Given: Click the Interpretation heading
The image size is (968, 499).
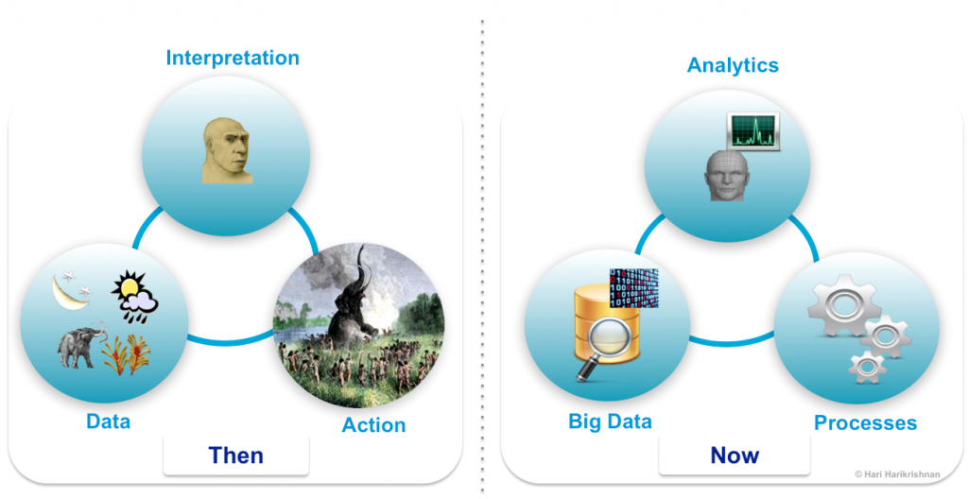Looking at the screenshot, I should click(233, 58).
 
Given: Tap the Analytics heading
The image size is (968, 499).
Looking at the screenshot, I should click(733, 64).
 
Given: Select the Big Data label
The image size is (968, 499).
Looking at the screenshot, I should click(610, 422).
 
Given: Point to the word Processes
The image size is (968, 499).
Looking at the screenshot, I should click(865, 422).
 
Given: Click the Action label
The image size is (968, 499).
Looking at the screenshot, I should click(373, 425).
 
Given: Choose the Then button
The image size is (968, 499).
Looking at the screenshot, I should click(236, 456).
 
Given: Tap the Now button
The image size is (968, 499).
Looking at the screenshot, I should click(735, 456).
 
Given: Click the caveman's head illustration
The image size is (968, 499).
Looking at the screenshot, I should click(228, 150).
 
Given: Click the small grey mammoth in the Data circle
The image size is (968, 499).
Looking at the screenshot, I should click(78, 346).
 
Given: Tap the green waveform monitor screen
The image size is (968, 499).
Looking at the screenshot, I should click(752, 132).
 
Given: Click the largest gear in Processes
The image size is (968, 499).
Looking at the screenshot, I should click(834, 304).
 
